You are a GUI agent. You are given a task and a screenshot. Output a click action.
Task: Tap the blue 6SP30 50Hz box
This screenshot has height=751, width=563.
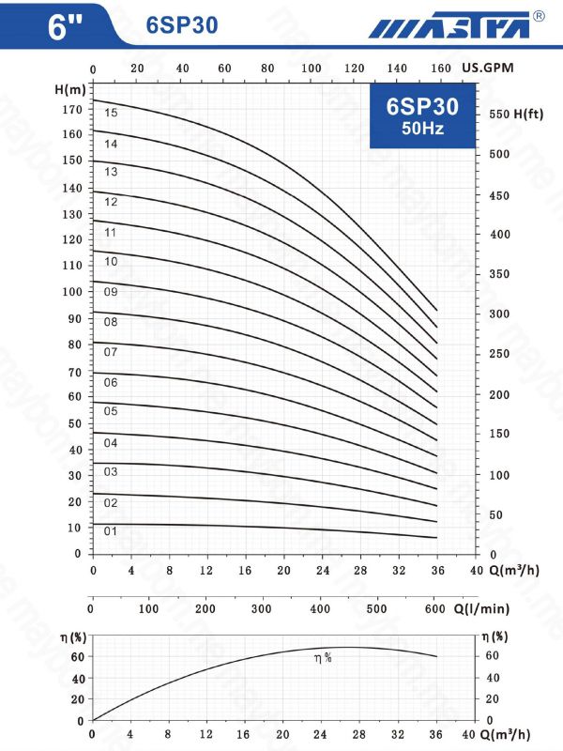coord(415,116)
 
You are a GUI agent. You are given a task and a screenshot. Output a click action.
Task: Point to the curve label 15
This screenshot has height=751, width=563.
coord(111,113)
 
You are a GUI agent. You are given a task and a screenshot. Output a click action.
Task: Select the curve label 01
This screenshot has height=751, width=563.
coord(111,531)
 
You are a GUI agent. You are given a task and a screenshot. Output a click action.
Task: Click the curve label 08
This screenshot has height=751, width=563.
coord(111,322)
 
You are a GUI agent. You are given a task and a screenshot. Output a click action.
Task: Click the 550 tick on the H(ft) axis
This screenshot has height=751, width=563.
coord(502,114)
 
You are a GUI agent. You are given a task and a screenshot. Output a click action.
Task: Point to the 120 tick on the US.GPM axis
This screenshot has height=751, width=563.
coord(354,69)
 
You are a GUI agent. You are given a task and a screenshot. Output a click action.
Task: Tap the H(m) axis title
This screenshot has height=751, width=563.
coord(71,89)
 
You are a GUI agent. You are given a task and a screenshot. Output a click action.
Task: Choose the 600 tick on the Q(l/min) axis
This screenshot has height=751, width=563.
coord(434,609)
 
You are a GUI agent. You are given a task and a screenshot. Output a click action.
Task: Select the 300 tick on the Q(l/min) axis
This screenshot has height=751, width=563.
coord(263,609)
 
